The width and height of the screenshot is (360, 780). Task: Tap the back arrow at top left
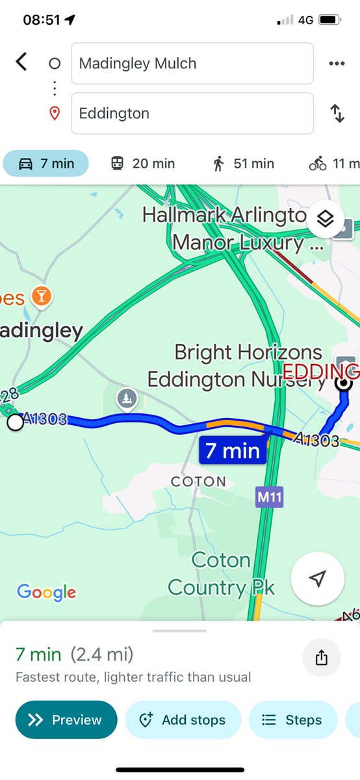[21, 62]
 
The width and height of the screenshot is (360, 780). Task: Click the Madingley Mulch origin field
[192, 64]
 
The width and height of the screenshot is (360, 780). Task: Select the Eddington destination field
[192, 114]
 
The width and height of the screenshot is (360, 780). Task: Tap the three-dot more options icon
[337, 64]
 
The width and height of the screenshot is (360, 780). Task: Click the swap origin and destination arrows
[337, 114]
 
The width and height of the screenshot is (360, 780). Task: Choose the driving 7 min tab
[46, 164]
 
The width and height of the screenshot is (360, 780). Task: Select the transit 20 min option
[142, 164]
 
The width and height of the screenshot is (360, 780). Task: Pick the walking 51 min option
[243, 164]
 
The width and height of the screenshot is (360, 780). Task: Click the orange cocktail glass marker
[43, 296]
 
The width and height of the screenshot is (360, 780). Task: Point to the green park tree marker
[125, 397]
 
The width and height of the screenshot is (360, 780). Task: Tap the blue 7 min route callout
[233, 450]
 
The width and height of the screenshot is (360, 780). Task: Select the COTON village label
[198, 482]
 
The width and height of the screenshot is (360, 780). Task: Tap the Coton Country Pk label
[221, 574]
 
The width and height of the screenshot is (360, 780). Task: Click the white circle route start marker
[15, 422]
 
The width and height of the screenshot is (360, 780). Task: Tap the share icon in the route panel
[321, 658]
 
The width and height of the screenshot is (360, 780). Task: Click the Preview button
[66, 720]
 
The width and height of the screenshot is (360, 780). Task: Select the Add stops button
[183, 720]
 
